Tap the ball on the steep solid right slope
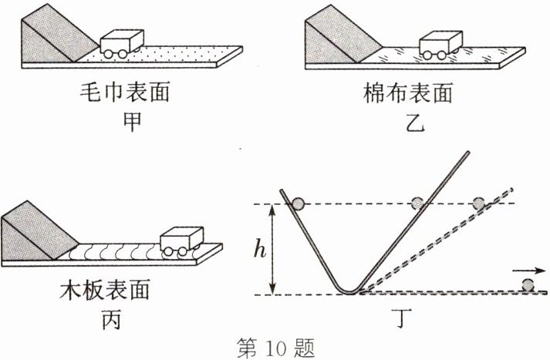417,204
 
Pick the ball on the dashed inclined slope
479,204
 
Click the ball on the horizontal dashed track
528,285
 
